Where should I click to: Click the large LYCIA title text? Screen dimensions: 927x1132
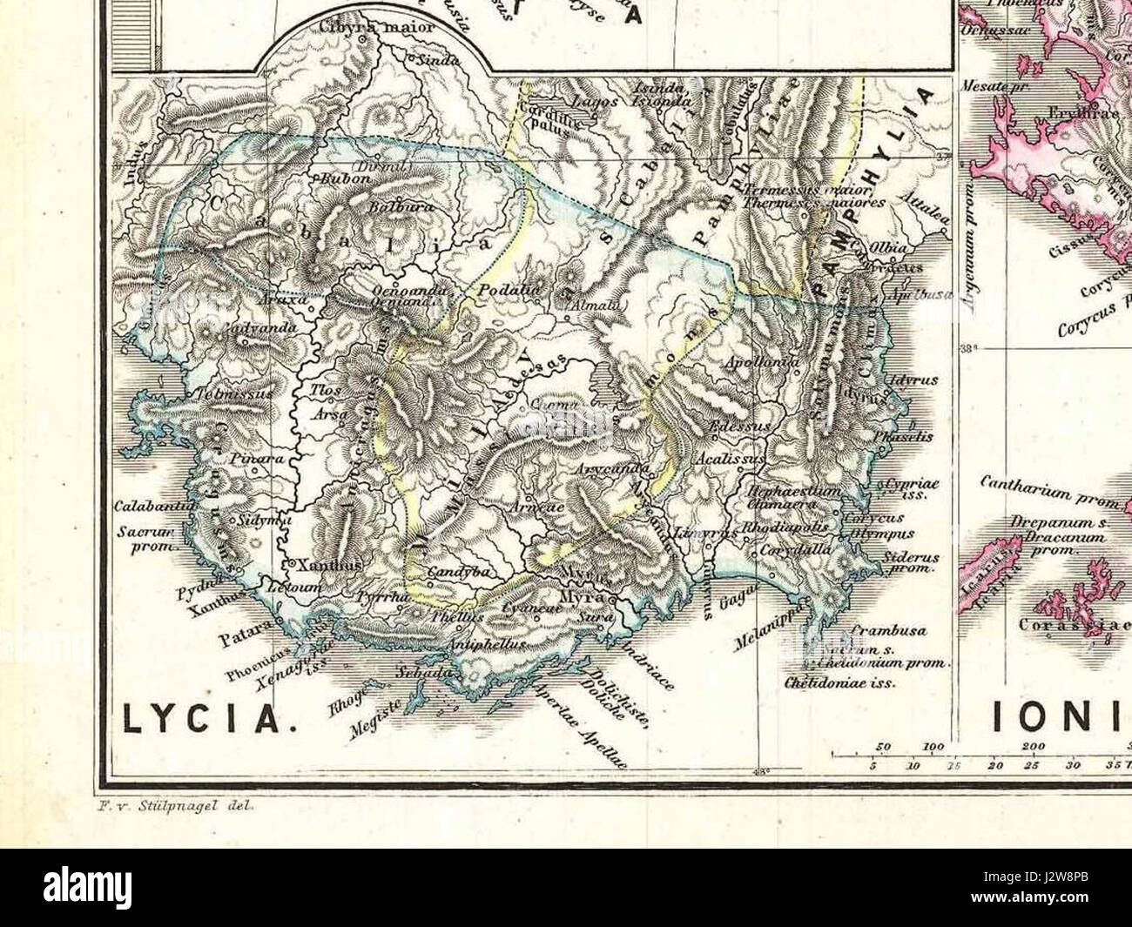(x=205, y=719)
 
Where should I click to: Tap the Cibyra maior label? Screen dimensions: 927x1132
(x=356, y=26)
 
